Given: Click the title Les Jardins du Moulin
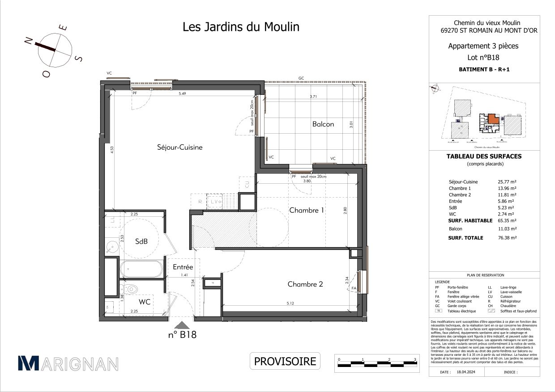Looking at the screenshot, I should (x=241, y=27).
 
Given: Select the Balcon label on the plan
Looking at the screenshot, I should (x=323, y=124).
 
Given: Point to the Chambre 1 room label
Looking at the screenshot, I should (x=306, y=210).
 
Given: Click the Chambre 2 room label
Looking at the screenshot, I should (x=305, y=284).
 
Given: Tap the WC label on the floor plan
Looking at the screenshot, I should (x=144, y=302).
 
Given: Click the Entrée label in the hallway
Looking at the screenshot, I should (x=183, y=267).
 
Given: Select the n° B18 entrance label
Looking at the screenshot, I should (x=182, y=335).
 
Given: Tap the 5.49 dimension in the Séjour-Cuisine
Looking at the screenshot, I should (x=182, y=94).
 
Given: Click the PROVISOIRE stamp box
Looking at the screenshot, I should (x=285, y=361).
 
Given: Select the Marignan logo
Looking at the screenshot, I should (x=68, y=363).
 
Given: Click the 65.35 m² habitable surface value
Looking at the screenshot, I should (x=507, y=220).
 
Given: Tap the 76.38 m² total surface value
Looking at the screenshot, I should (x=507, y=238).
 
